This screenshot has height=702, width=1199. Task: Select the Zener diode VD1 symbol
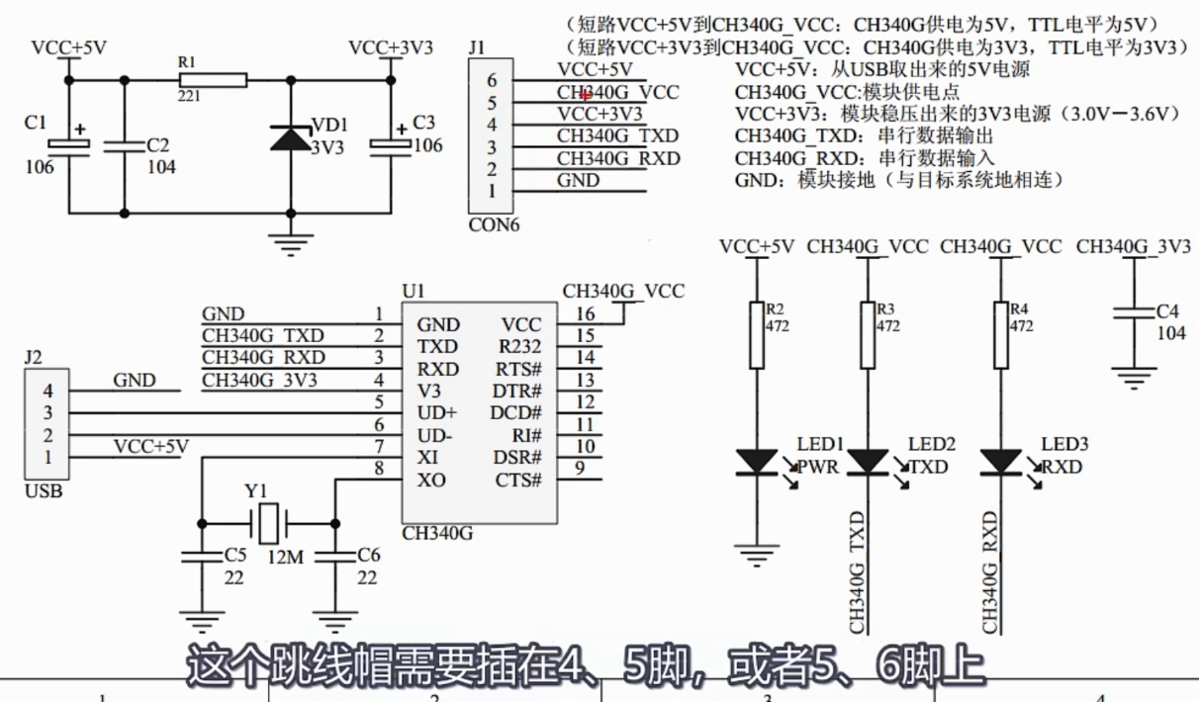tap(290, 138)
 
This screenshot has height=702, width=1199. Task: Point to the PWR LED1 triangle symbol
tap(757, 461)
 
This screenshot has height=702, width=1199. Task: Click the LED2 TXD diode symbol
tap(869, 461)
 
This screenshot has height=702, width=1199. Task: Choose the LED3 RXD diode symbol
tap(1000, 461)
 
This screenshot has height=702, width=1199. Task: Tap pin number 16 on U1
tap(586, 313)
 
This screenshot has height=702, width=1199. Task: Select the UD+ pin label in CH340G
tap(437, 414)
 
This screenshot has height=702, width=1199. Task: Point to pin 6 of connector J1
tap(492, 81)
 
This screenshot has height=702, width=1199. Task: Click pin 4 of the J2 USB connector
tap(46, 392)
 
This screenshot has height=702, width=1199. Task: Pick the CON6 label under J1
tap(494, 224)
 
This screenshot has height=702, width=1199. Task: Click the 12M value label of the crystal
tap(285, 557)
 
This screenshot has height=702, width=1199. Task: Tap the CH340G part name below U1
tap(437, 534)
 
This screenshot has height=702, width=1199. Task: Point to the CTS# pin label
tap(518, 481)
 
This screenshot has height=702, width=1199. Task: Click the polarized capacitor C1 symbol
tap(68, 145)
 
